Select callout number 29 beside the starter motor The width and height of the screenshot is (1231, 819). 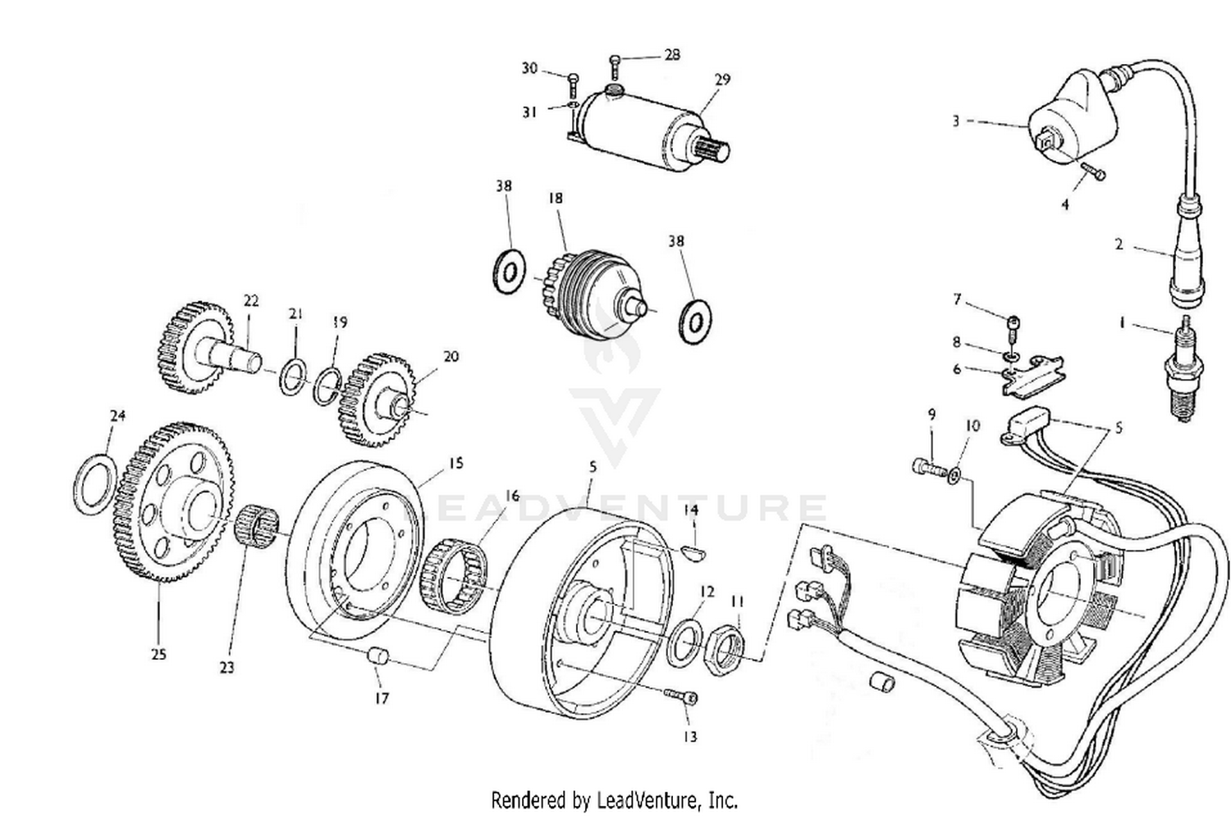click(721, 80)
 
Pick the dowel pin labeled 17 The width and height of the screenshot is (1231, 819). click(378, 657)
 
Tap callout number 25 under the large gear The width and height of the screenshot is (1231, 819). click(158, 654)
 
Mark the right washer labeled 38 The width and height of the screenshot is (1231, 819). click(695, 320)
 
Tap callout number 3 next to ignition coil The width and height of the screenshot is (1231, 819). click(955, 121)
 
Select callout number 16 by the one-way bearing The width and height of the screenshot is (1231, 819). click(512, 496)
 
